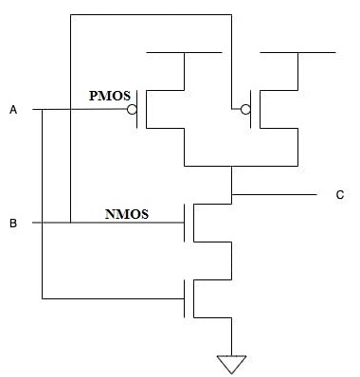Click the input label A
click(x=13, y=111)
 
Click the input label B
click(x=13, y=224)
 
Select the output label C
click(x=339, y=195)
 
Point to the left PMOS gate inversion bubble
click(x=133, y=111)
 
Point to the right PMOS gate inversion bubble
click(x=244, y=111)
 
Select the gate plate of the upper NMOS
click(x=185, y=224)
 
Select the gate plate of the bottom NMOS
click(x=185, y=299)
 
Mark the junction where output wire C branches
click(x=231, y=194)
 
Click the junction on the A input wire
click(x=42, y=111)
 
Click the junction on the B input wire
click(x=70, y=224)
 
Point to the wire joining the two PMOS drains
click(x=231, y=166)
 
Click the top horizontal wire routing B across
click(x=152, y=15)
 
